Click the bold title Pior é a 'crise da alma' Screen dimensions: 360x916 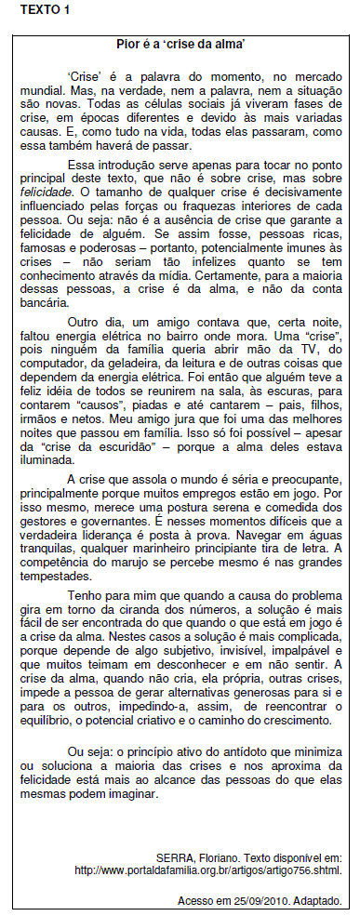coord(180,44)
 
